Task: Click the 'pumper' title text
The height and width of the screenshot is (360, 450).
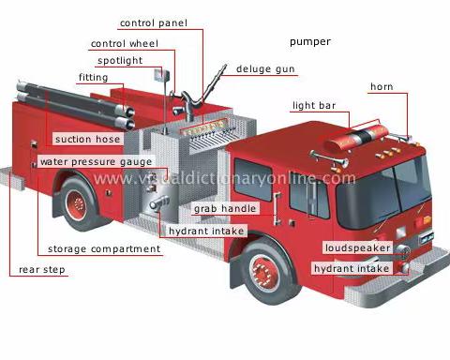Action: pyautogui.click(x=310, y=42)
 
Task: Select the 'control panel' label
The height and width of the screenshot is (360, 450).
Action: pyautogui.click(x=154, y=23)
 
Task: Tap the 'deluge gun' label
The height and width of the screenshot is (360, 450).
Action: pyautogui.click(x=265, y=69)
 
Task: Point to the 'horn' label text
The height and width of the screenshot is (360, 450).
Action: pyautogui.click(x=382, y=86)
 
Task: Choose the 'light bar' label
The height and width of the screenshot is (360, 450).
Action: pyautogui.click(x=314, y=106)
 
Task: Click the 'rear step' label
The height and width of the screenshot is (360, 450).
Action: pyautogui.click(x=42, y=270)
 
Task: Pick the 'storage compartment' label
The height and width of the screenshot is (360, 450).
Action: pyautogui.click(x=104, y=249)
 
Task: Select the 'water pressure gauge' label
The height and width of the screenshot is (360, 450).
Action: pyautogui.click(x=96, y=162)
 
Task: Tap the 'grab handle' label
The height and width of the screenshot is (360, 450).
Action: pyautogui.click(x=225, y=208)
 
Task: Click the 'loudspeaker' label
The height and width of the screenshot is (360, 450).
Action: pyautogui.click(x=357, y=248)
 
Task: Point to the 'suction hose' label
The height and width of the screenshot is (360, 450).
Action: pyautogui.click(x=87, y=139)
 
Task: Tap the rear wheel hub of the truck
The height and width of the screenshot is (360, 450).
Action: pyautogui.click(x=76, y=205)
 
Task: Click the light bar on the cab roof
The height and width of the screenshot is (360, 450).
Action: pyautogui.click(x=356, y=138)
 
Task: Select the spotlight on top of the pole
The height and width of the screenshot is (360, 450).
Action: pyautogui.click(x=161, y=76)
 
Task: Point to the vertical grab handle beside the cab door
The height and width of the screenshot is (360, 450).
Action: pyautogui.click(x=277, y=209)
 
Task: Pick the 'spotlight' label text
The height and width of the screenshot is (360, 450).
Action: pyautogui.click(x=120, y=61)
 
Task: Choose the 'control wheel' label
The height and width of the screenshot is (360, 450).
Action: pyautogui.click(x=125, y=44)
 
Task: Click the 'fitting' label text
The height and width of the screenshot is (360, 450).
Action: pyautogui.click(x=93, y=78)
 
